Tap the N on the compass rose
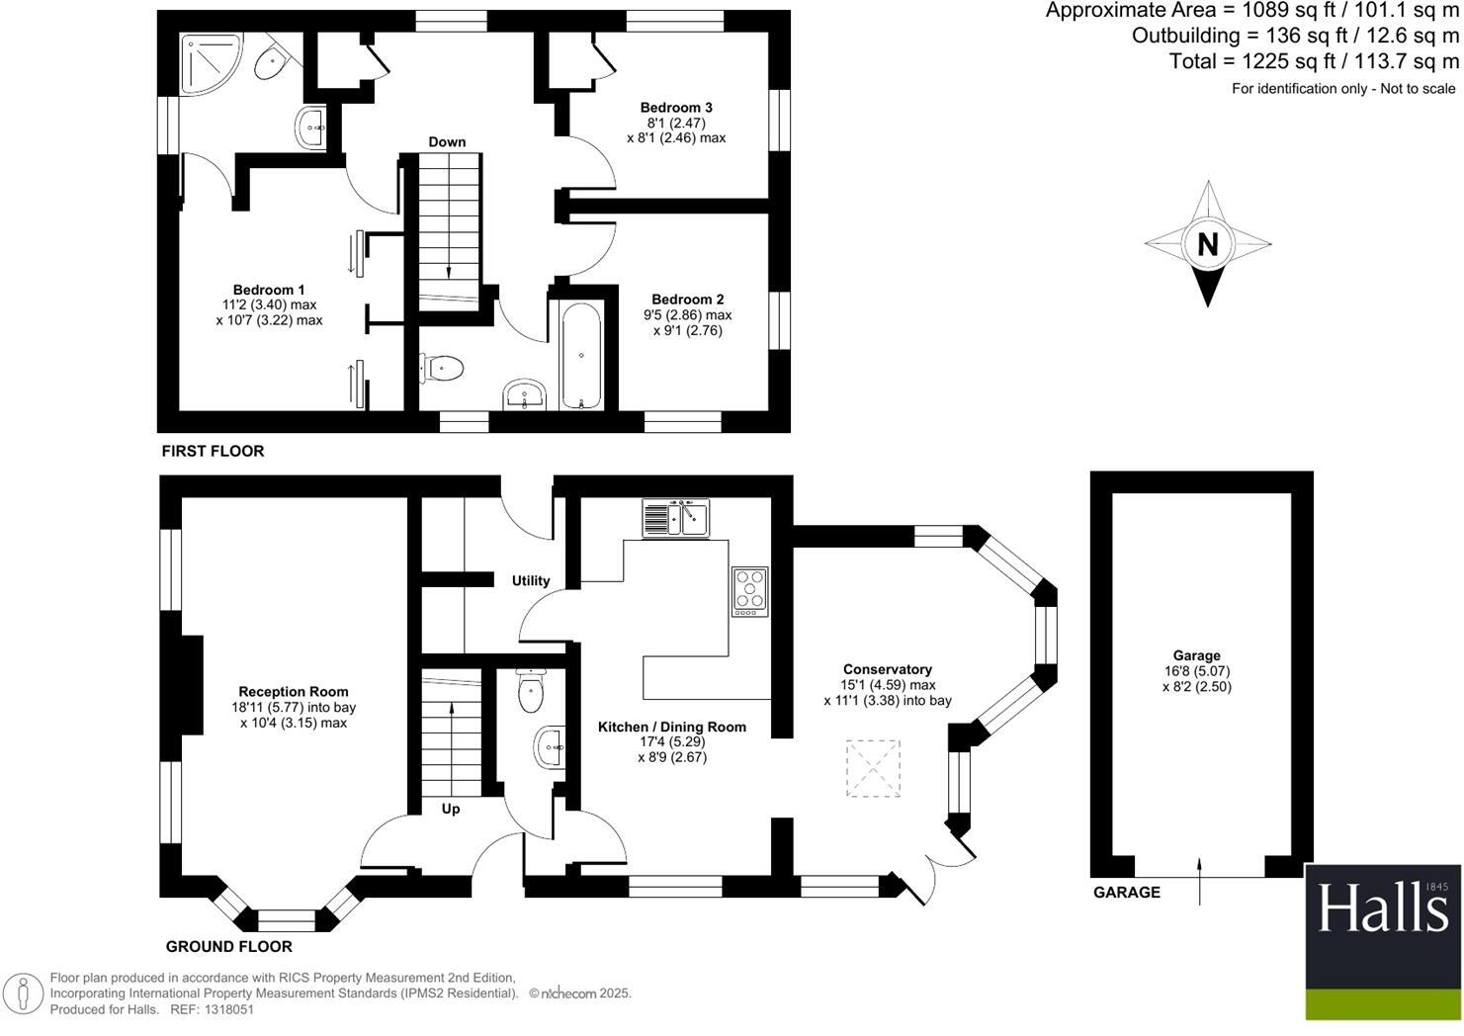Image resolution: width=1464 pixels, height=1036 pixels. click(1207, 243)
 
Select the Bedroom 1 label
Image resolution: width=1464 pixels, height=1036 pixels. click(269, 290)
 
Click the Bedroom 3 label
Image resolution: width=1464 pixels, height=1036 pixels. click(676, 108)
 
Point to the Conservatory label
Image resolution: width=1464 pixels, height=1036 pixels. click(887, 669)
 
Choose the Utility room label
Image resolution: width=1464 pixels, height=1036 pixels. click(530, 580)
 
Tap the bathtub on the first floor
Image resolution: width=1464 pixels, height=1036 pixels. click(581, 355)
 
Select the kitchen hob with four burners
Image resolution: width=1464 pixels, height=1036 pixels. click(749, 590)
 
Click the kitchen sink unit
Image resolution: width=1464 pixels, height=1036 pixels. click(676, 517)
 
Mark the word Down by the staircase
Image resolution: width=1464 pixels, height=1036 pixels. click(447, 141)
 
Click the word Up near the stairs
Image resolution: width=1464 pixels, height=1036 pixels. click(450, 809)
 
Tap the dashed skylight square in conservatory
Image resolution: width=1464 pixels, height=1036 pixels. click(874, 768)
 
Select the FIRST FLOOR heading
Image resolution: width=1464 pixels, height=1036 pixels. click(213, 451)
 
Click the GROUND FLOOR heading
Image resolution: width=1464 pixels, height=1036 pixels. click(228, 946)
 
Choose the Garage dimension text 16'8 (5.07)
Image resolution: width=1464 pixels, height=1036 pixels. click(1196, 670)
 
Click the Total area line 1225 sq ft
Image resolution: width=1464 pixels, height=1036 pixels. click(1314, 61)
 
